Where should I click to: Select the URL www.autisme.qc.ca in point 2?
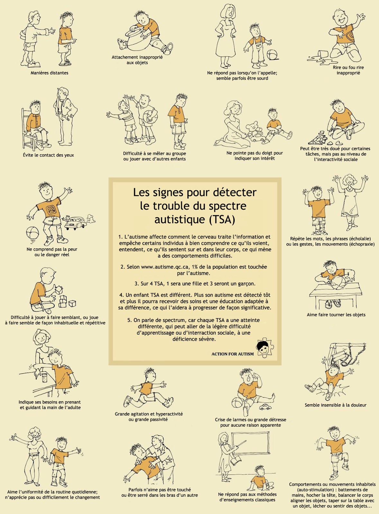(x=165, y=267)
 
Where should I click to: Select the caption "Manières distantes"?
(x=50, y=73)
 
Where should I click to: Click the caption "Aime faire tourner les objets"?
(x=336, y=315)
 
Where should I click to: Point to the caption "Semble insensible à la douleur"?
(x=335, y=405)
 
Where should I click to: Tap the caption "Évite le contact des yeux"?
(x=49, y=155)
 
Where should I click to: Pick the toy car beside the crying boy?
(x=266, y=407)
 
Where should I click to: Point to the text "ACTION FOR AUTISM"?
(x=232, y=354)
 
